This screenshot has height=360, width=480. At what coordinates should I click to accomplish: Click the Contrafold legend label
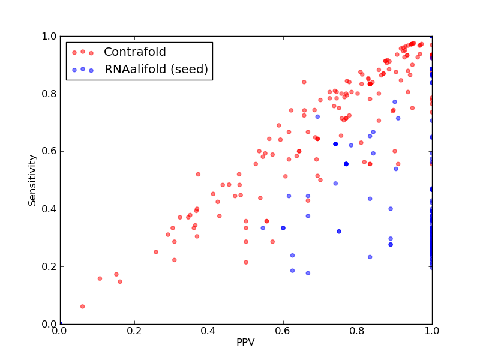[x=134, y=52]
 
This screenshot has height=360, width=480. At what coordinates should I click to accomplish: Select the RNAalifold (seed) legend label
[x=156, y=69]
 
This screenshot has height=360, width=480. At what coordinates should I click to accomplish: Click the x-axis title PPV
[x=245, y=342]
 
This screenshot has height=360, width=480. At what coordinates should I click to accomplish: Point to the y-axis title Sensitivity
[x=32, y=180]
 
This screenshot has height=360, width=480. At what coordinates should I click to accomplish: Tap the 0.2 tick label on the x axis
[x=134, y=331]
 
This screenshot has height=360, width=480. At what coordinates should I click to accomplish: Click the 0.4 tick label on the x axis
[x=209, y=331]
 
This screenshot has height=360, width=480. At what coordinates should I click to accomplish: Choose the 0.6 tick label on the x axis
[x=283, y=331]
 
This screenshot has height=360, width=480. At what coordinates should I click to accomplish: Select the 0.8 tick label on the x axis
[x=358, y=331]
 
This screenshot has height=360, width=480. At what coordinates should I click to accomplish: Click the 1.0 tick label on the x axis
[x=432, y=331]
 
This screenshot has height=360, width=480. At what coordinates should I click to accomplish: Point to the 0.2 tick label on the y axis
[x=49, y=266]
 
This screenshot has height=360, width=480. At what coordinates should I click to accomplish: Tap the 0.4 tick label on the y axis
[x=49, y=209]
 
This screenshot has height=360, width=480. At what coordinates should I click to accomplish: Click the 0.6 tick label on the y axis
[x=49, y=152]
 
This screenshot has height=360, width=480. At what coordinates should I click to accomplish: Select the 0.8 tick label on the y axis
[x=49, y=94]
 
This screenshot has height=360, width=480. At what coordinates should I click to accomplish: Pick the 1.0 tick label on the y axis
[x=49, y=36]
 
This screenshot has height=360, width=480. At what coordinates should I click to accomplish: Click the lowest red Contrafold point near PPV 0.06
[x=82, y=307]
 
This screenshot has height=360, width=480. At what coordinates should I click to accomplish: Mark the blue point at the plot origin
[x=61, y=323]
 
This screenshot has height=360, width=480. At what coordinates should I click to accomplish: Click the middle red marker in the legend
[x=83, y=52]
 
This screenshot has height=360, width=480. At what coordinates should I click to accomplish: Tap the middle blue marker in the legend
[x=83, y=69]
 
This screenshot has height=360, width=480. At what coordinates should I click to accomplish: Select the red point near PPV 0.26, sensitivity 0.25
[x=156, y=252]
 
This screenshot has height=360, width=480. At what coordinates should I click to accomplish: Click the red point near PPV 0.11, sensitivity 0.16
[x=100, y=278]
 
